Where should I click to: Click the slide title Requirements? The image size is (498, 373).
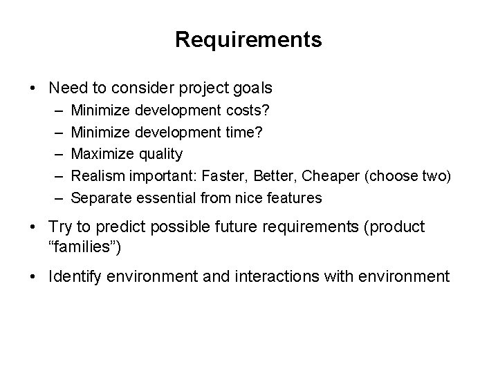(248, 40)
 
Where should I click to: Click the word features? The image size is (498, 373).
(295, 198)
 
